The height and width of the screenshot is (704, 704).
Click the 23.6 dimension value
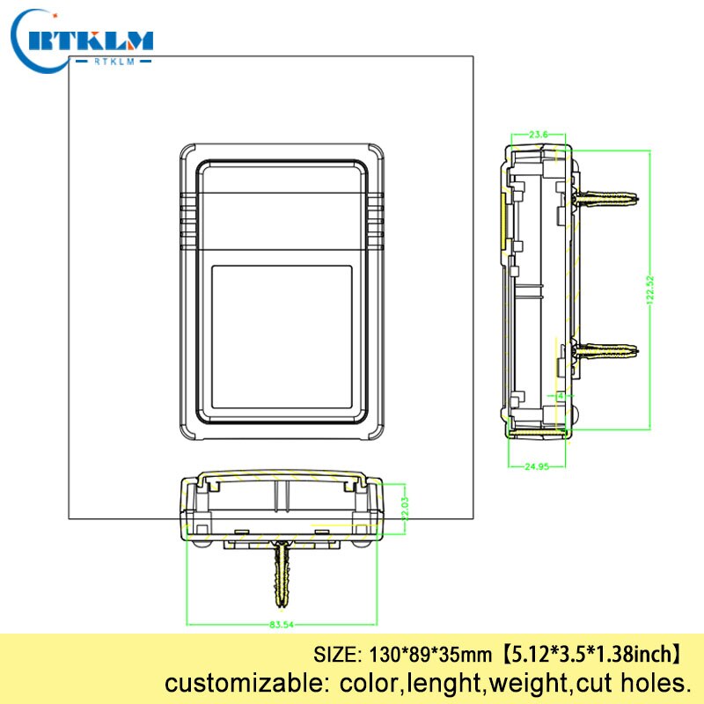click(539, 134)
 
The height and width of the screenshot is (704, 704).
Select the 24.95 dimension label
click(536, 466)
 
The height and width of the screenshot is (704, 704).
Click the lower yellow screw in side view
click(606, 351)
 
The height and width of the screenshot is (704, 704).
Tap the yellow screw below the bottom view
click(282, 573)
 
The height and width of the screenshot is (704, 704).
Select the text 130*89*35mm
click(418, 656)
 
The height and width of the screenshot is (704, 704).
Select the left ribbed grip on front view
click(187, 216)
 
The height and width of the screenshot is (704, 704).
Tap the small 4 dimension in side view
click(559, 395)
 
